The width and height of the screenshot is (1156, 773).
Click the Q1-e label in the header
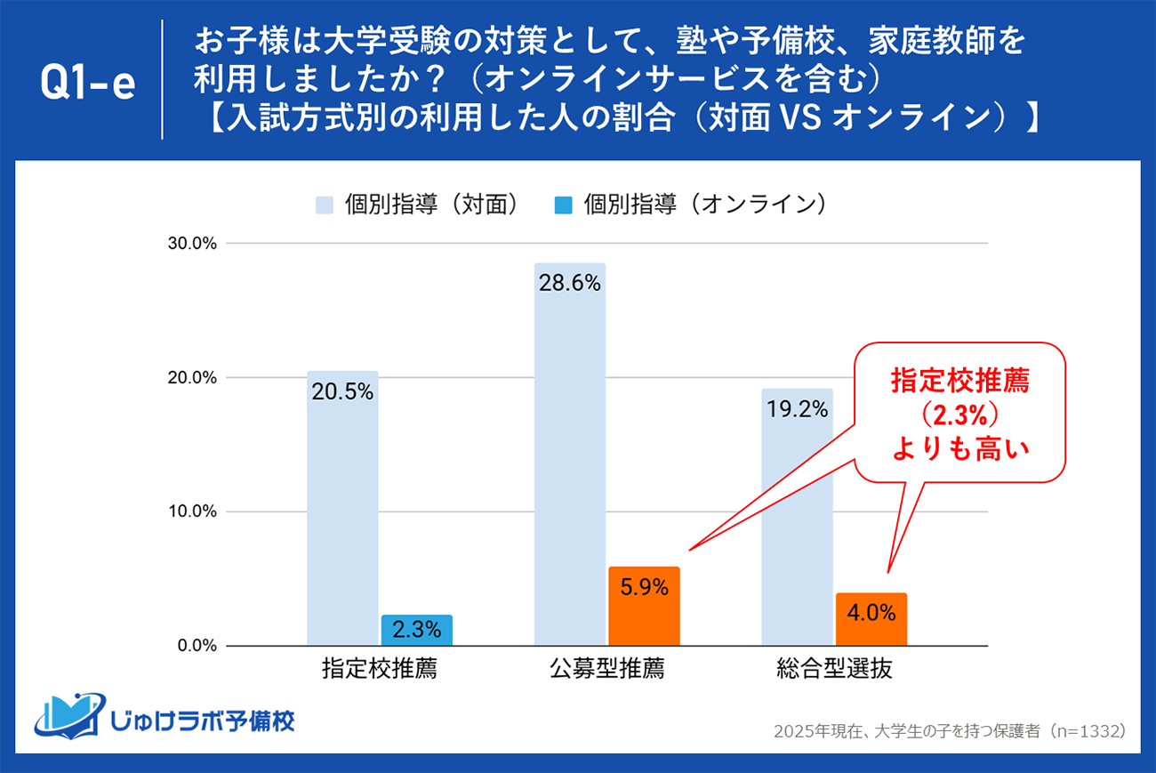point(88,84)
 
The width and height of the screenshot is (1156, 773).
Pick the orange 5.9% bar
point(644,606)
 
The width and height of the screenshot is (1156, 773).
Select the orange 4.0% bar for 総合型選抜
point(871,619)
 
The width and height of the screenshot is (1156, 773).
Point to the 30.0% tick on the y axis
point(193,244)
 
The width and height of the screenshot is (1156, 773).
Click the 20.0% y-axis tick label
point(193,378)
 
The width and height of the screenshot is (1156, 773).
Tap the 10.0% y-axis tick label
point(193,511)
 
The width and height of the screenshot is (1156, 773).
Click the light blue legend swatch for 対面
point(324,205)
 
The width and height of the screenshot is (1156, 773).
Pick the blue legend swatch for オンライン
point(562,205)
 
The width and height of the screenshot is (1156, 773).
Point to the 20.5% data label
point(342,392)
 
